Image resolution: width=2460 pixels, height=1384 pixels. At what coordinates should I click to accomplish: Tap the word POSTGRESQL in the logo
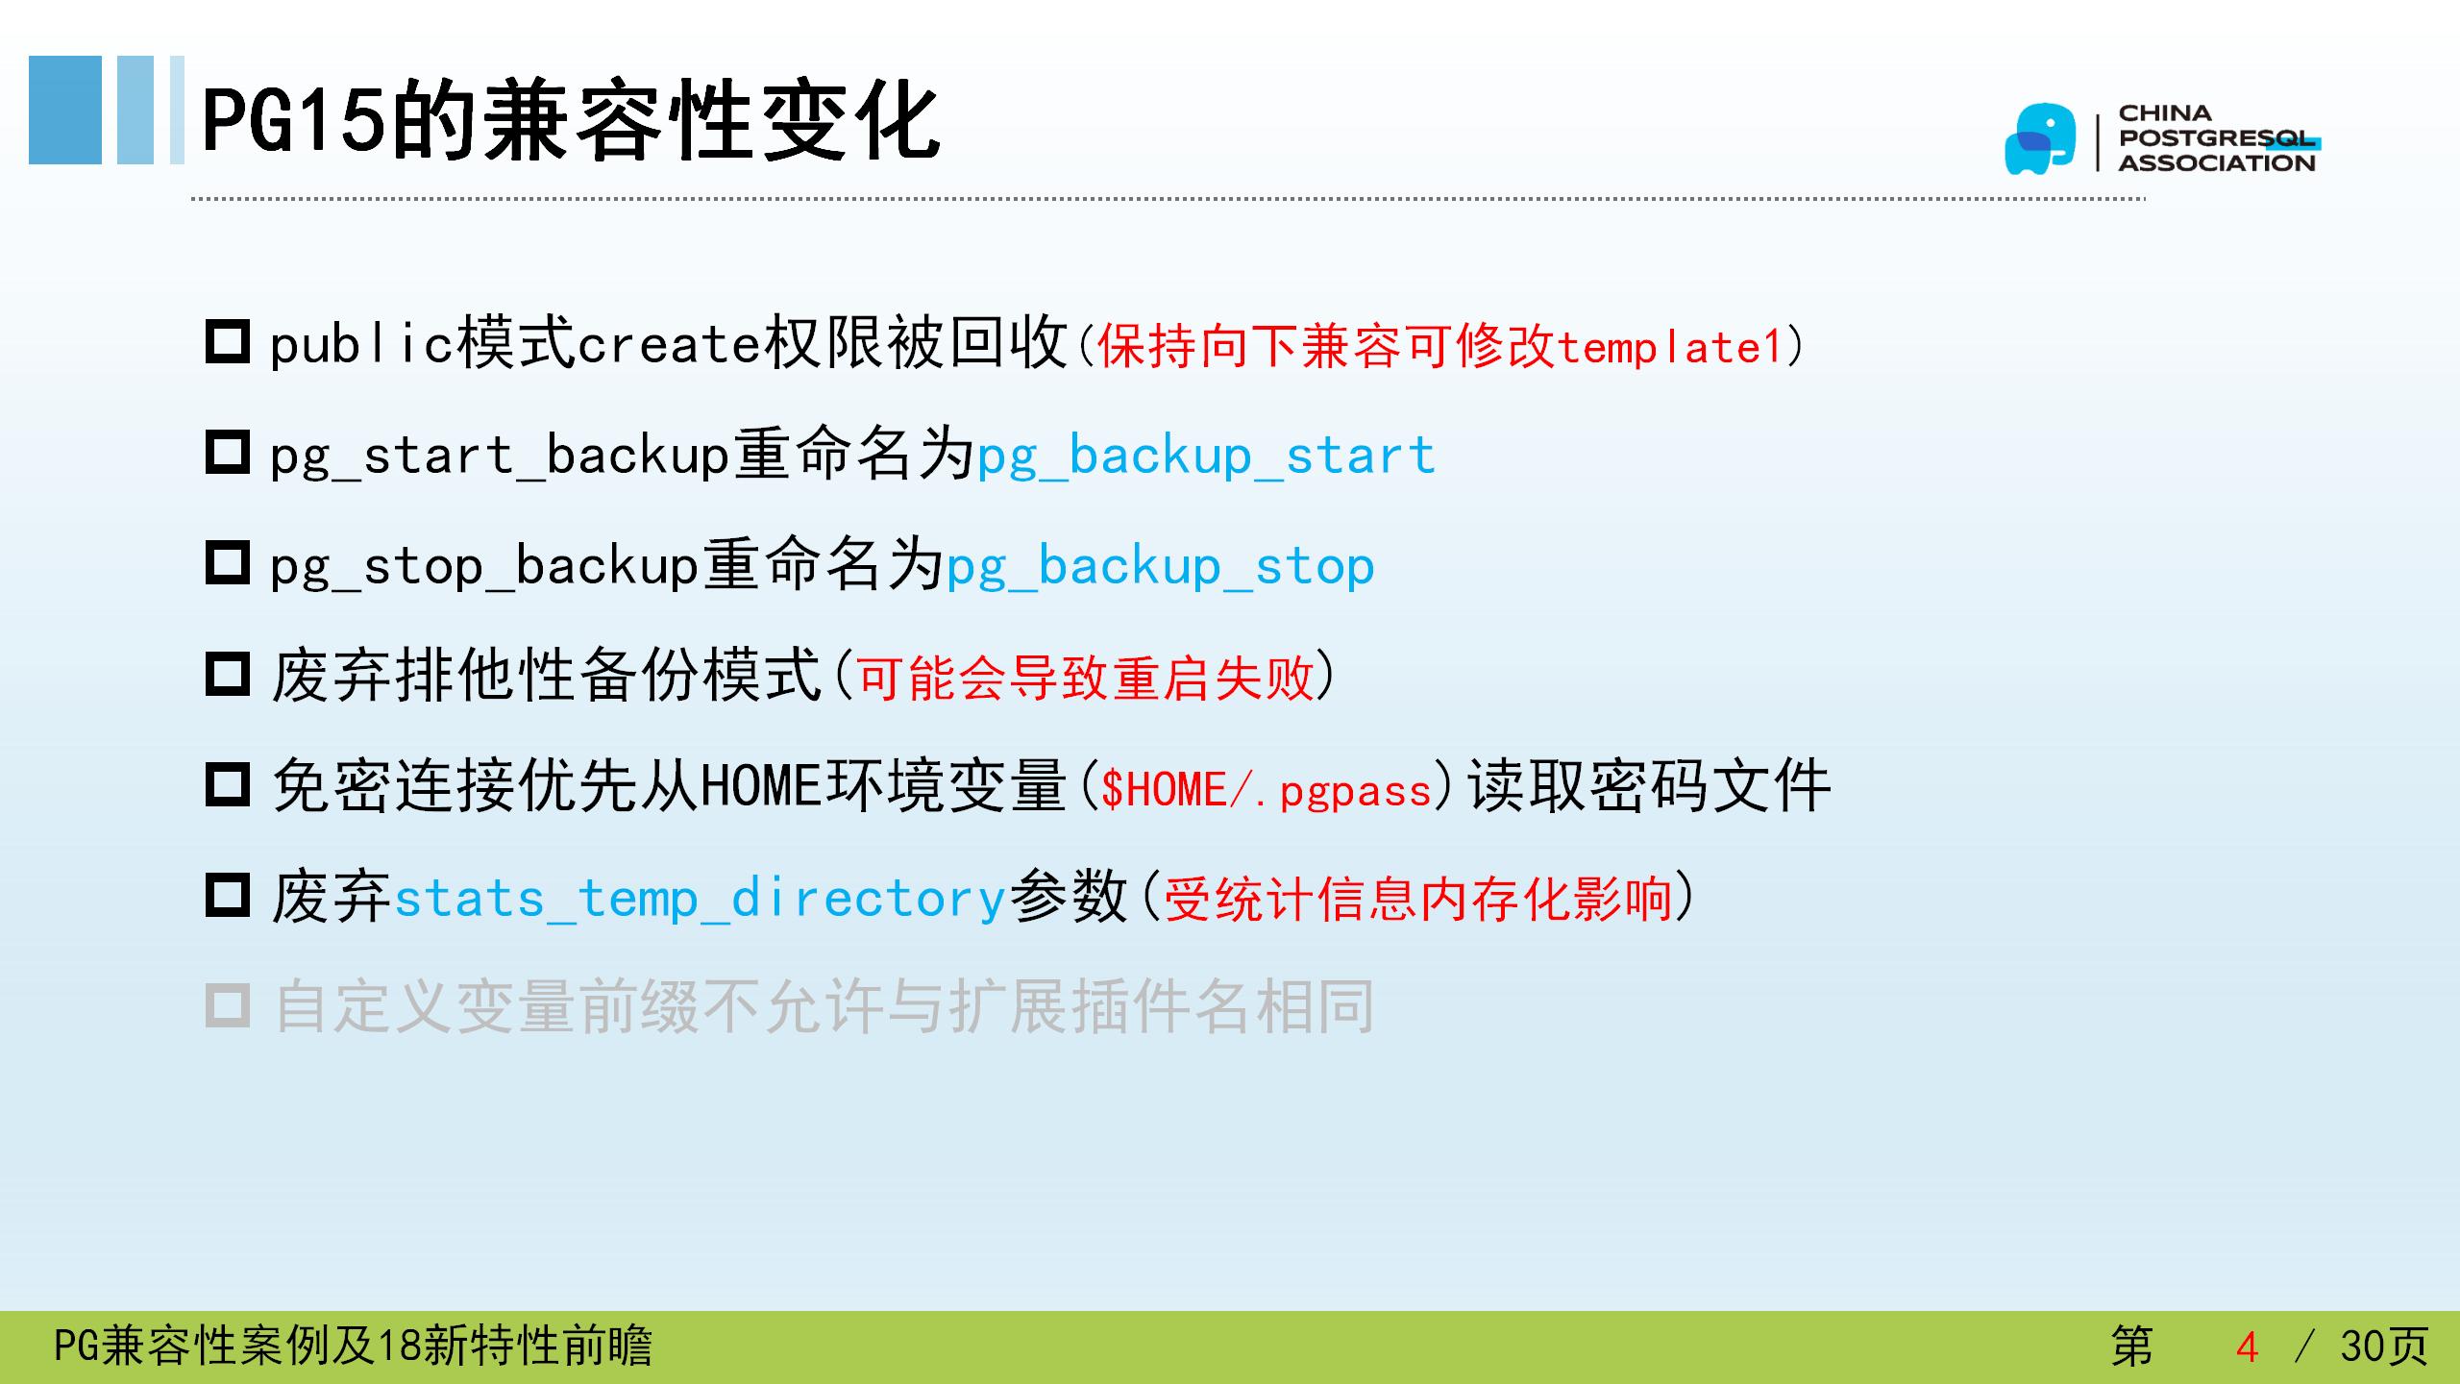(x=2219, y=138)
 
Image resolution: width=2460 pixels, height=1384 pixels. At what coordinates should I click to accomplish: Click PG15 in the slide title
(x=294, y=120)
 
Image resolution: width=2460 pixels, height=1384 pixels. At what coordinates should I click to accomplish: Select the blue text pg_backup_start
(x=1206, y=456)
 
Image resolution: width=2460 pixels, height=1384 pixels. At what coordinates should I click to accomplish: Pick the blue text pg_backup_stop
(x=1160, y=566)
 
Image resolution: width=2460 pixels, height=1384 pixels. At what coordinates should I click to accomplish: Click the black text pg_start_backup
(x=500, y=456)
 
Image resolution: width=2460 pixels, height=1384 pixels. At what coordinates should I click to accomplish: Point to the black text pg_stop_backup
(x=484, y=566)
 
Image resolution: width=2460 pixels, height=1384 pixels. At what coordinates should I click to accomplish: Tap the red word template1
(x=1670, y=347)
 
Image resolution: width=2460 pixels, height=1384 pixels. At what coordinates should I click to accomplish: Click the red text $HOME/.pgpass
(x=1267, y=790)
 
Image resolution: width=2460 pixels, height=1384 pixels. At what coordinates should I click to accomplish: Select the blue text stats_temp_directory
(x=700, y=899)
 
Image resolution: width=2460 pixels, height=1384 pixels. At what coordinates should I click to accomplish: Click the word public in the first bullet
(x=361, y=343)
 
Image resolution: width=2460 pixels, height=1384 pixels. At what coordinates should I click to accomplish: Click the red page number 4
(x=2247, y=1347)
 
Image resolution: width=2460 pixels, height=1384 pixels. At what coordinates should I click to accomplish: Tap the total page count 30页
(x=2384, y=1347)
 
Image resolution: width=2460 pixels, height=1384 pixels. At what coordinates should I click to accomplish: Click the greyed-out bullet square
(x=228, y=1006)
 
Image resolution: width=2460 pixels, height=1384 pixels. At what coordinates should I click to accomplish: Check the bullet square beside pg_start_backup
(x=228, y=453)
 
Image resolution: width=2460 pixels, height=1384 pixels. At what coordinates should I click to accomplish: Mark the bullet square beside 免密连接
(x=228, y=784)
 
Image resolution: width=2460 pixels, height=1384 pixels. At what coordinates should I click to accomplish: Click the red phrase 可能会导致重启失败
(x=1086, y=679)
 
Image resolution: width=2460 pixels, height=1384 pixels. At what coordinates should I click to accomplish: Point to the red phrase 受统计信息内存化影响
(x=1418, y=900)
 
